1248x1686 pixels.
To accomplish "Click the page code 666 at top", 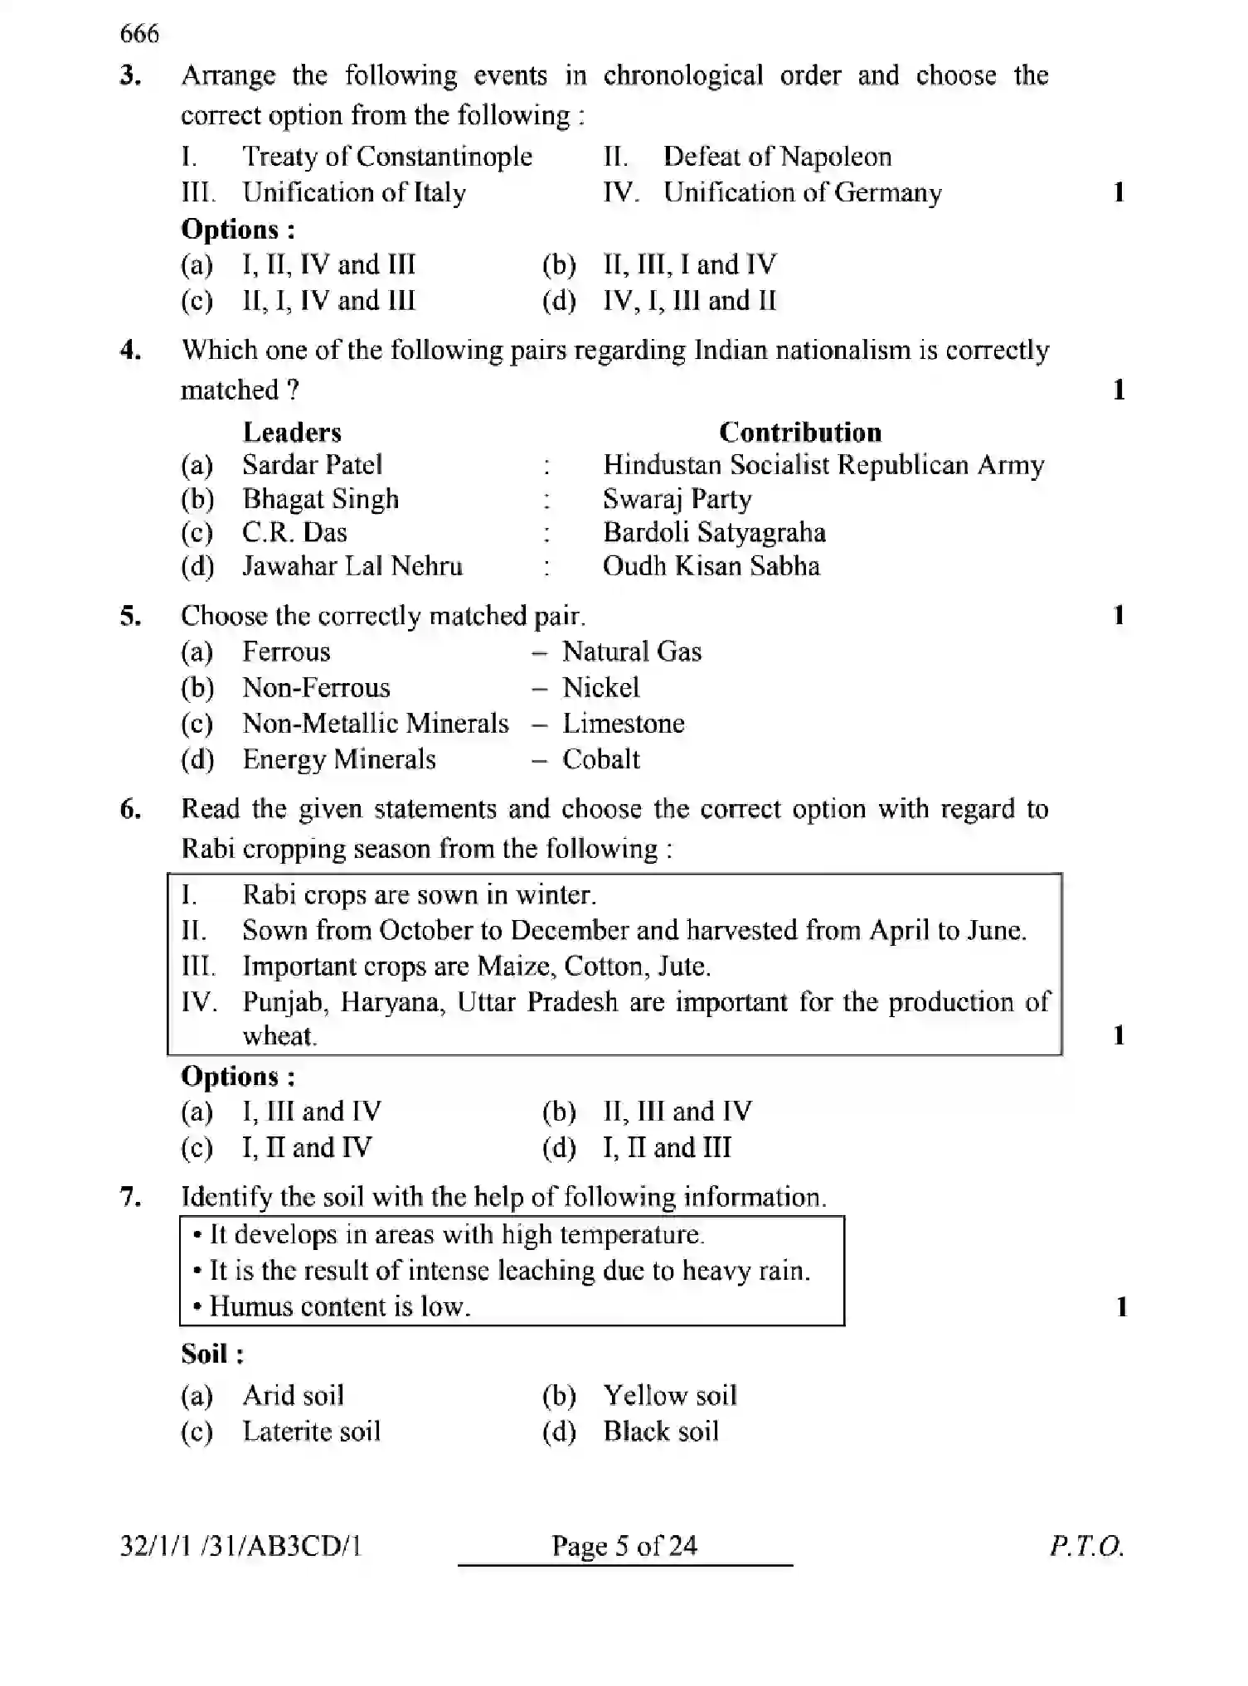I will pyautogui.click(x=138, y=34).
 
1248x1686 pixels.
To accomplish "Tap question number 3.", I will pyautogui.click(x=130, y=76).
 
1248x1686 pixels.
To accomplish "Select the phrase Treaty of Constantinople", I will pyautogui.click(x=387, y=157).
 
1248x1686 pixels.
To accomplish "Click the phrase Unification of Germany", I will pyautogui.click(x=802, y=193).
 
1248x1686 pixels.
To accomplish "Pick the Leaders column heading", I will pyautogui.click(x=292, y=432).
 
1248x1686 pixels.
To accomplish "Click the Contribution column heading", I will pyautogui.click(x=799, y=432).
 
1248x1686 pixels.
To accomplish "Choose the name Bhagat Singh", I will pyautogui.click(x=320, y=499).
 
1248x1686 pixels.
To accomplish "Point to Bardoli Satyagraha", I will pyautogui.click(x=714, y=533).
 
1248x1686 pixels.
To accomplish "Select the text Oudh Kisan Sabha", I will pyautogui.click(x=711, y=567).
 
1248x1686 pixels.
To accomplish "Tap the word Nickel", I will pyautogui.click(x=600, y=688).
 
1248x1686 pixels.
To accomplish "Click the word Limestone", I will pyautogui.click(x=623, y=724).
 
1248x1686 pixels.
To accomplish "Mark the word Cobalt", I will pyautogui.click(x=600, y=759).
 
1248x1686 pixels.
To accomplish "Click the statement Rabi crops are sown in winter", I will pyautogui.click(x=419, y=895).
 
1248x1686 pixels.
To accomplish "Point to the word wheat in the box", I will pyautogui.click(x=279, y=1036).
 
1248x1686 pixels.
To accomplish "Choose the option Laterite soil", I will pyautogui.click(x=311, y=1432).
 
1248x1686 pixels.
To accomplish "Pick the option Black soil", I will pyautogui.click(x=660, y=1432).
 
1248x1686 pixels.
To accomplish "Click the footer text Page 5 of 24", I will pyautogui.click(x=624, y=1546).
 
